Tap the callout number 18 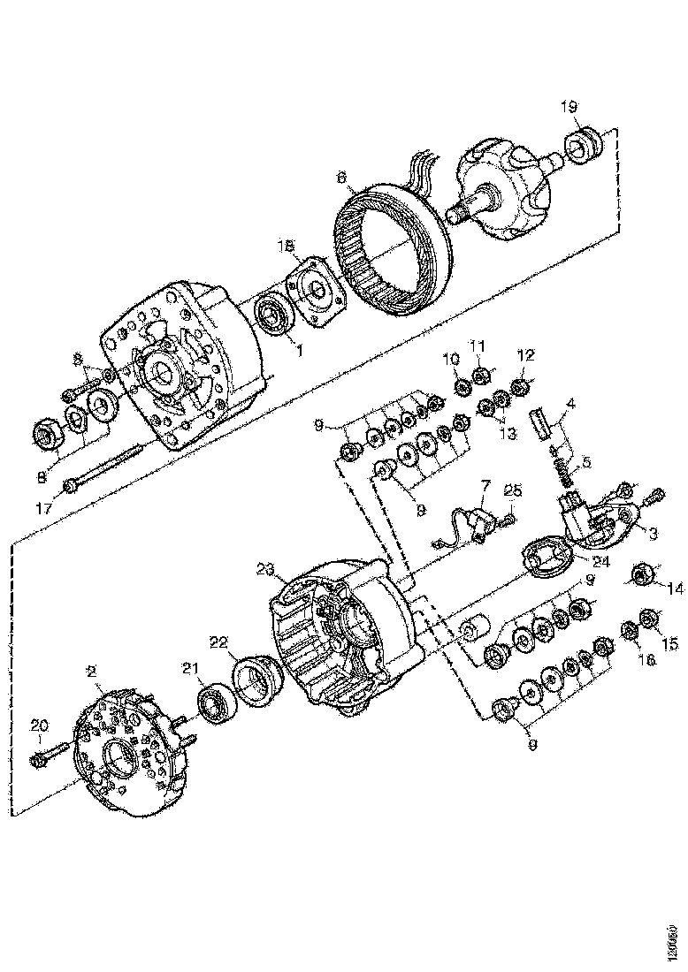tap(286, 247)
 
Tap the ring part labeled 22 tap(256, 682)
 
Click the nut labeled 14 tap(639, 576)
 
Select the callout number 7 tap(485, 486)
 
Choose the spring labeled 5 tap(562, 475)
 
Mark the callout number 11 tap(478, 345)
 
